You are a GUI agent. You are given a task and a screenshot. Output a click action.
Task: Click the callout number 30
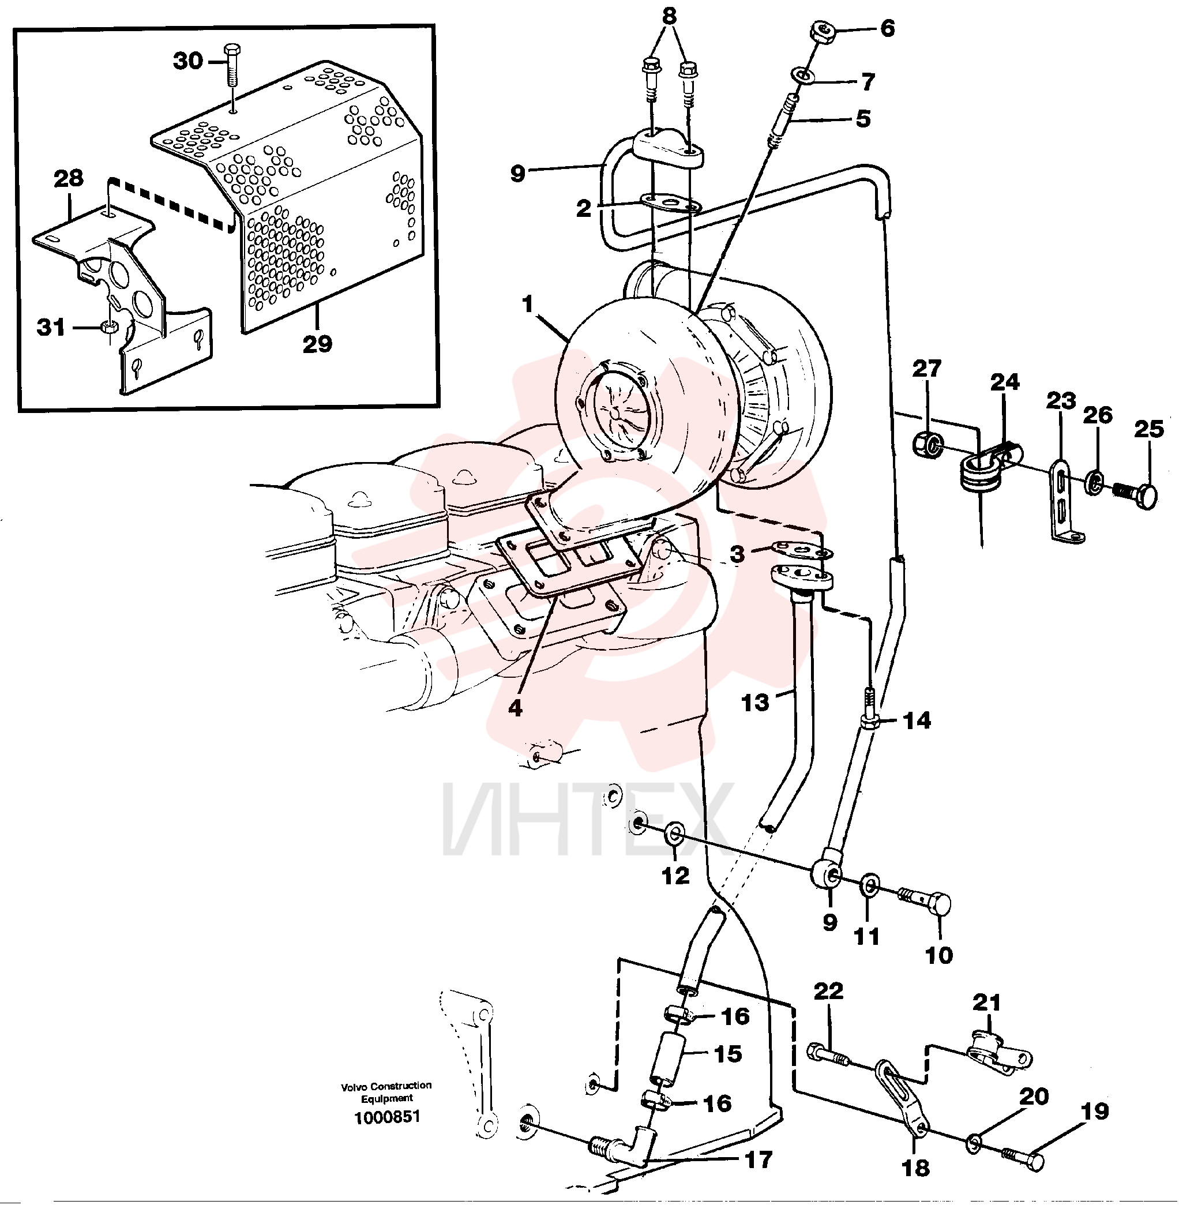(188, 61)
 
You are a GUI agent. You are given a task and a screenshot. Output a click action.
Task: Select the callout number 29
(318, 344)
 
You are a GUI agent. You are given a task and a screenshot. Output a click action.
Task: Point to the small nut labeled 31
(109, 326)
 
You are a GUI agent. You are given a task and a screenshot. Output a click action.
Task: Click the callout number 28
(69, 178)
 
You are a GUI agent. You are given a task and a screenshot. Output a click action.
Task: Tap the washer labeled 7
(802, 76)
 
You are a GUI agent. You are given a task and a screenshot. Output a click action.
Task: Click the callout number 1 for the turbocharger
(528, 304)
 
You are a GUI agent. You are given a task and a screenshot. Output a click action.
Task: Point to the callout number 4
(515, 708)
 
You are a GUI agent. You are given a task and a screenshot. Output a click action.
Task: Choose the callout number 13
(755, 702)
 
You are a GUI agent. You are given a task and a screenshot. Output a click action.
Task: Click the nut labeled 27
(928, 445)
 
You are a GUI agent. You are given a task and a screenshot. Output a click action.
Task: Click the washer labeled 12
(674, 835)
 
